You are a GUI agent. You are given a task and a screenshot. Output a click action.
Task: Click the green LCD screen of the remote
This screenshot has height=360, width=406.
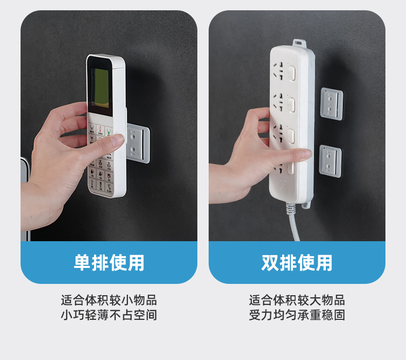(x=100, y=88)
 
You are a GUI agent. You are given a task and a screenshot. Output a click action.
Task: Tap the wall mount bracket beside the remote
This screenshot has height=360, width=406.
(x=138, y=143)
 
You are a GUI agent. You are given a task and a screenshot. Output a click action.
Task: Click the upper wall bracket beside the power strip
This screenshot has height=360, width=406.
(x=331, y=104)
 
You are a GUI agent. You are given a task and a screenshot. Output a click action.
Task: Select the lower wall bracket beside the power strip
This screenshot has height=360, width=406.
(x=330, y=161)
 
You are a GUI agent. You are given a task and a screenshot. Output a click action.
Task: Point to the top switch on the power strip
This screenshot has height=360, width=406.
(x=292, y=74)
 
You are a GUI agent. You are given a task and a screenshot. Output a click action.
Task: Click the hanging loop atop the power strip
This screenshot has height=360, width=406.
(x=299, y=43)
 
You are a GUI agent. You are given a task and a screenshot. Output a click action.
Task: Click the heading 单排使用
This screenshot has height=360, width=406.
(x=109, y=263)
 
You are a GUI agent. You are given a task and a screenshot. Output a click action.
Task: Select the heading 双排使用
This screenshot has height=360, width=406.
(x=297, y=263)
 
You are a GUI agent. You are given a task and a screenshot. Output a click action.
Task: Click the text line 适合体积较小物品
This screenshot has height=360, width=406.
(x=109, y=300)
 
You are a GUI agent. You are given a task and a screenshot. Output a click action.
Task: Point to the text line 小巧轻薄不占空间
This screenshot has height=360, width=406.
(x=109, y=315)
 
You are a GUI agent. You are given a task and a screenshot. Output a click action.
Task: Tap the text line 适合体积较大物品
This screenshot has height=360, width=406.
(x=297, y=300)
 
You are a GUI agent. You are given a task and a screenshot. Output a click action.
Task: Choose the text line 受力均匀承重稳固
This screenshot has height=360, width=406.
(x=297, y=315)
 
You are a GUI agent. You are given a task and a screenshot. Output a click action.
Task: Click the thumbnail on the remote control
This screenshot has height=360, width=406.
(x=118, y=139)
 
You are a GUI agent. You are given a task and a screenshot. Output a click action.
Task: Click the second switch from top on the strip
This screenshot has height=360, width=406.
(x=291, y=105)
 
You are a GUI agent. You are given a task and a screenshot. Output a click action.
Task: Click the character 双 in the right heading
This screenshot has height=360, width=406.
(x=270, y=263)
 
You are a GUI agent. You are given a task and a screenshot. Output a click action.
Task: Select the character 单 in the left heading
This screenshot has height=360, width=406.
(x=82, y=263)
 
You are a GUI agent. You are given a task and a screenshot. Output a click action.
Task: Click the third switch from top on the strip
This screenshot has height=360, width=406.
(x=291, y=136)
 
